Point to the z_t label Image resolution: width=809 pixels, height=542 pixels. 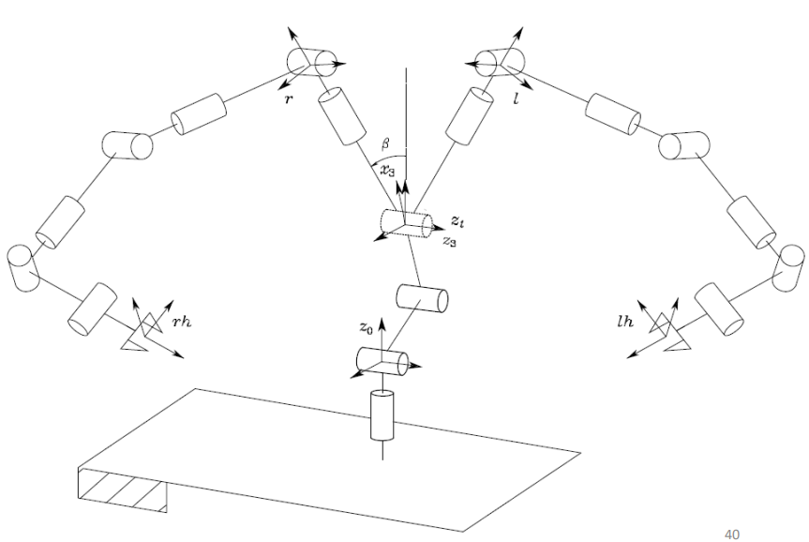point(455,221)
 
